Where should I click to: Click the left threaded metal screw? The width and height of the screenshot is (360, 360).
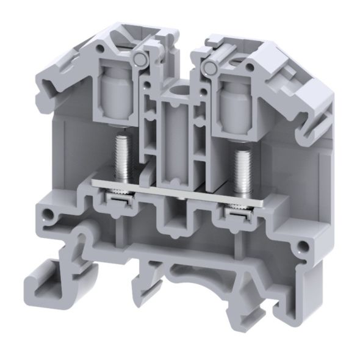click(x=121, y=158)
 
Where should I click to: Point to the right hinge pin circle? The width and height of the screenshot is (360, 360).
click(x=213, y=63)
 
